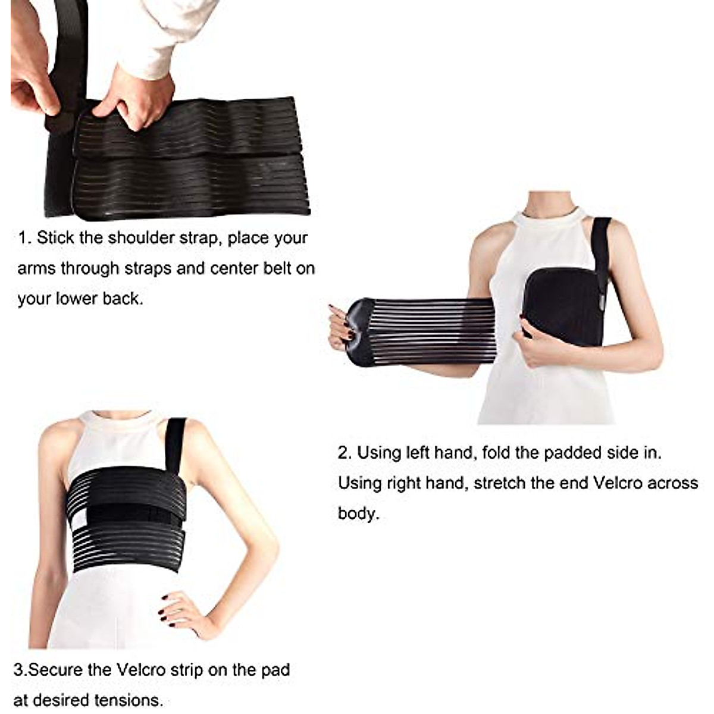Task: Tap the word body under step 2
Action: point(357,513)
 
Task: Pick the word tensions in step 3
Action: point(131,700)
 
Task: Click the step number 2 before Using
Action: point(344,453)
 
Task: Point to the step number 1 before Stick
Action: point(23,239)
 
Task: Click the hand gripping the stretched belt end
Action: point(340,325)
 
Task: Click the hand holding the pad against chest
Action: point(535,348)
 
